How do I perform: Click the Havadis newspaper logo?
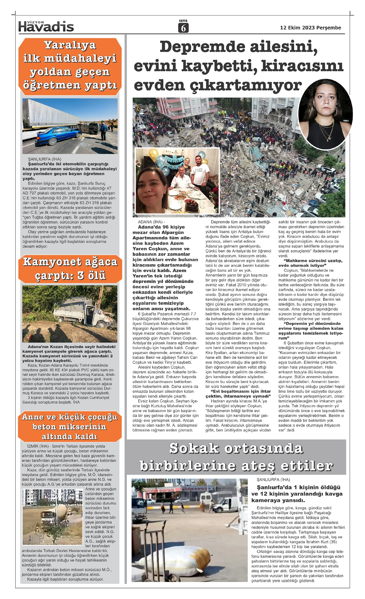(x=46, y=27)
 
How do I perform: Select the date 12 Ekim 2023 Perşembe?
(x=310, y=28)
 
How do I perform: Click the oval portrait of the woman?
(x=325, y=114)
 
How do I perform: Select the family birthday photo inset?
(x=177, y=181)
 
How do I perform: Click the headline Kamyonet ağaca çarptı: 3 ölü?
(x=70, y=268)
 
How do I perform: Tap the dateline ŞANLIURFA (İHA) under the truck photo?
(x=44, y=159)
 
